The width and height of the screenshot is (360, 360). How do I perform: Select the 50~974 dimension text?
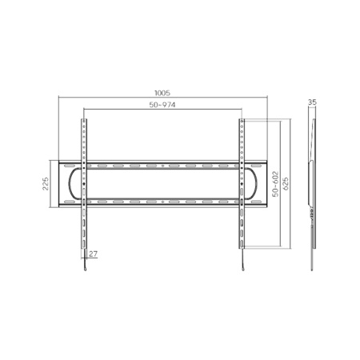(x=163, y=106)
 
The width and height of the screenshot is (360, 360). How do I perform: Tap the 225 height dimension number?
(x=46, y=183)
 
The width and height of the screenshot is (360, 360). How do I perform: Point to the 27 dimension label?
(x=94, y=254)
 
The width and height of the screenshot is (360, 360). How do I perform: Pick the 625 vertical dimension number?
(x=285, y=184)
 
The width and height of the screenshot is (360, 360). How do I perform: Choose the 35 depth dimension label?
(x=312, y=102)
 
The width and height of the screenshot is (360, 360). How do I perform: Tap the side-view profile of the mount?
(x=312, y=184)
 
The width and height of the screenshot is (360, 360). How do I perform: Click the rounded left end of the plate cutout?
(x=74, y=183)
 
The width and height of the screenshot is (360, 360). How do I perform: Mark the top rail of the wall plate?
(x=163, y=166)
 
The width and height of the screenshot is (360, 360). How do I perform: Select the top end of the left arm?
(x=83, y=122)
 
